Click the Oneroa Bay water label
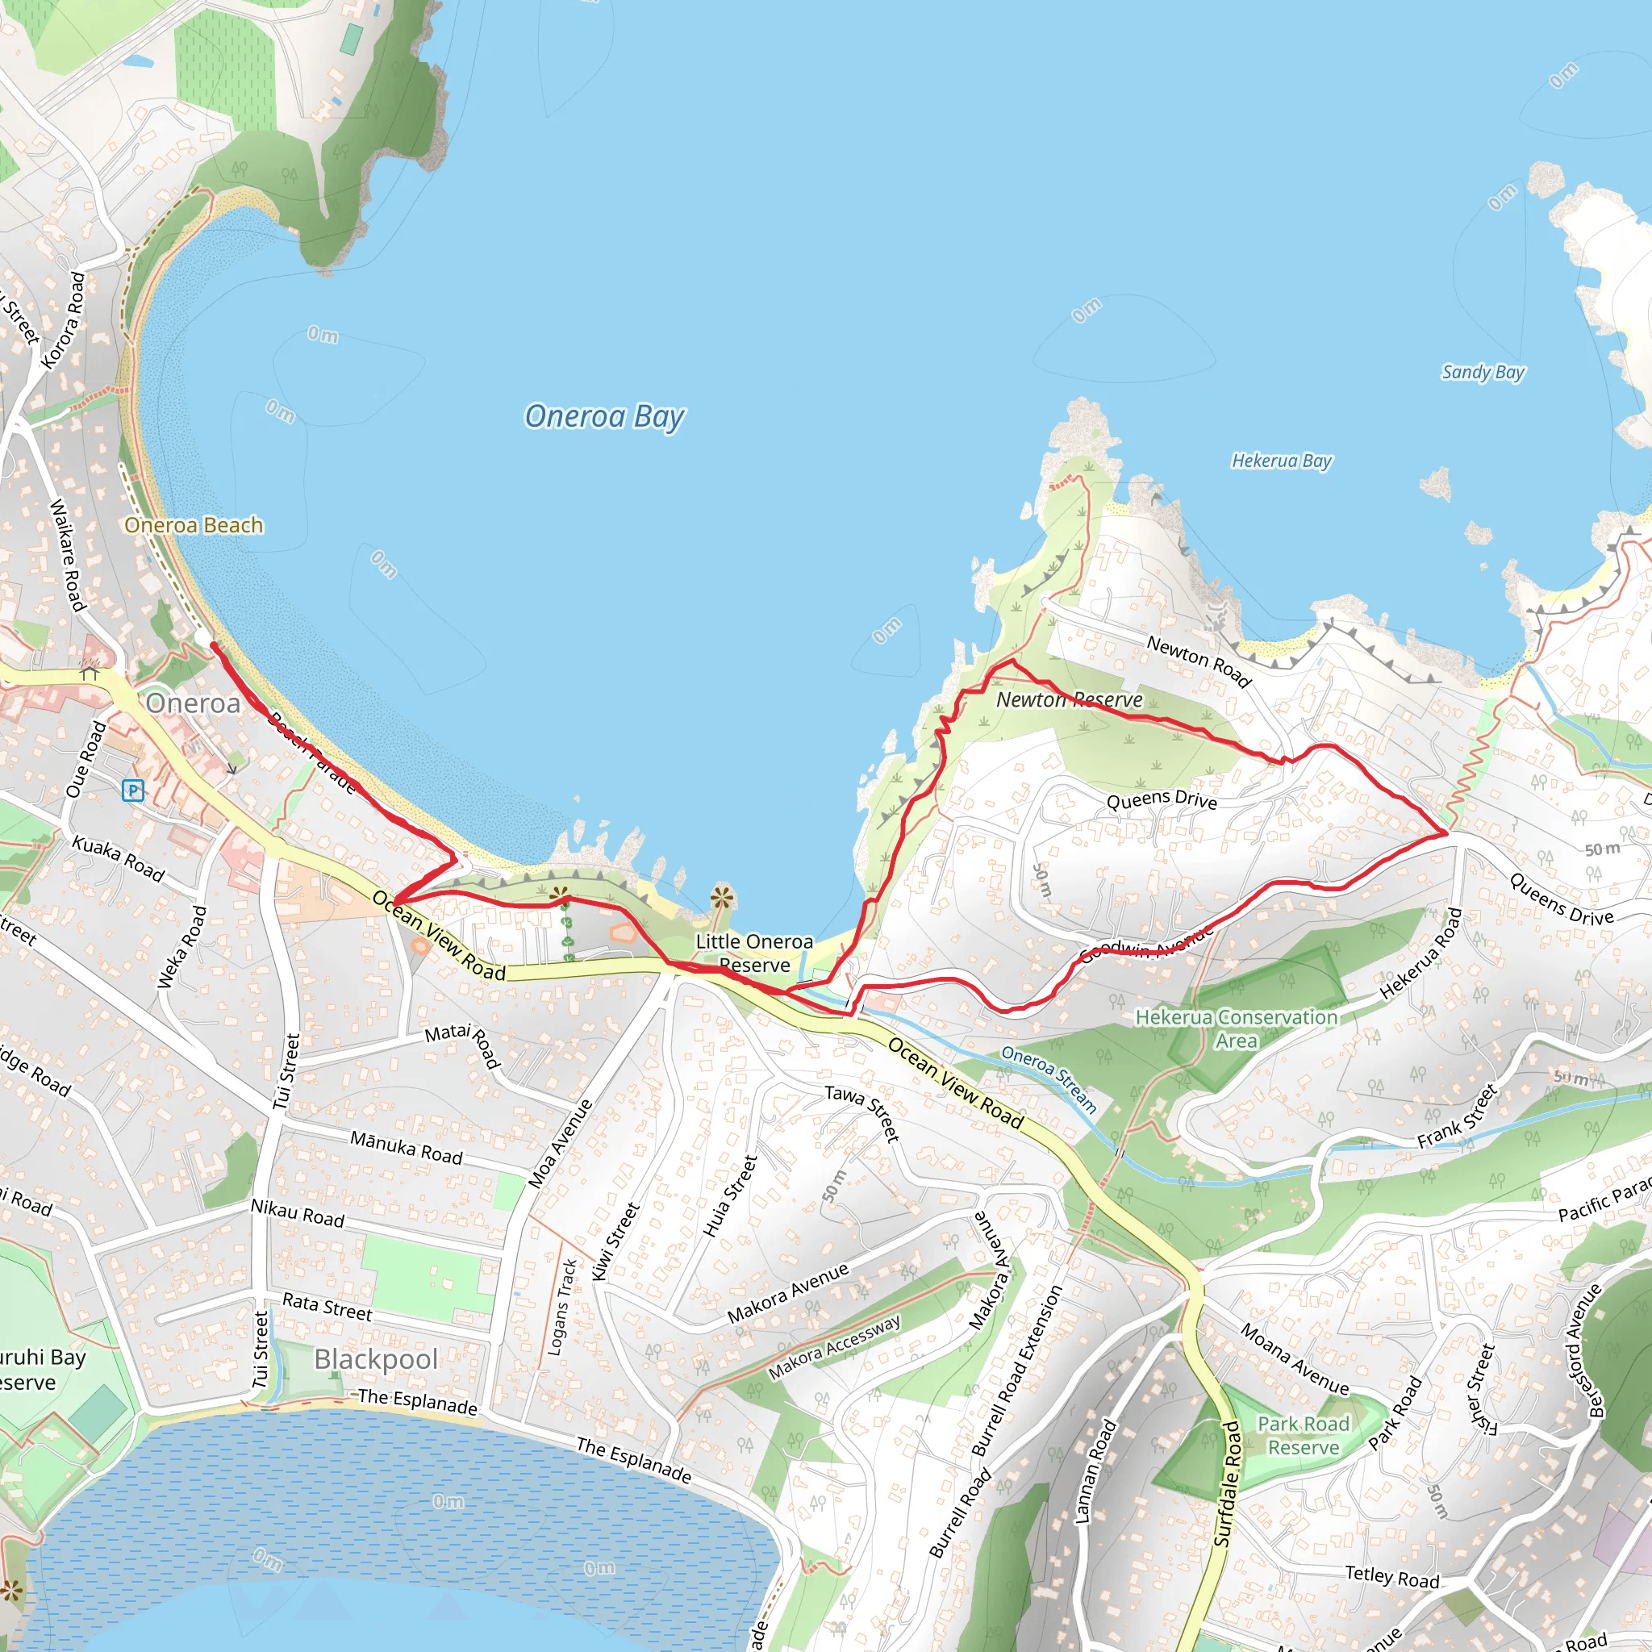point(603,416)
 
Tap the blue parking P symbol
point(132,790)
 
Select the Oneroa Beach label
point(194,525)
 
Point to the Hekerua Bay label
point(1281,461)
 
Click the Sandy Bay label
point(1483,372)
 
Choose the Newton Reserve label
point(1069,699)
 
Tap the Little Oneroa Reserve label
point(754,953)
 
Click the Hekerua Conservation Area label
point(1236,1028)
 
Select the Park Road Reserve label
point(1304,1436)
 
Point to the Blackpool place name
point(375,1358)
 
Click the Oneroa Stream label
point(1049,1079)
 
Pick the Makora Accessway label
point(834,1348)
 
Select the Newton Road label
point(1199,661)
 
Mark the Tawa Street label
point(863,1112)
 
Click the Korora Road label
point(65,321)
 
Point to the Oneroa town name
point(194,703)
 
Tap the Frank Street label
point(1457,1116)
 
